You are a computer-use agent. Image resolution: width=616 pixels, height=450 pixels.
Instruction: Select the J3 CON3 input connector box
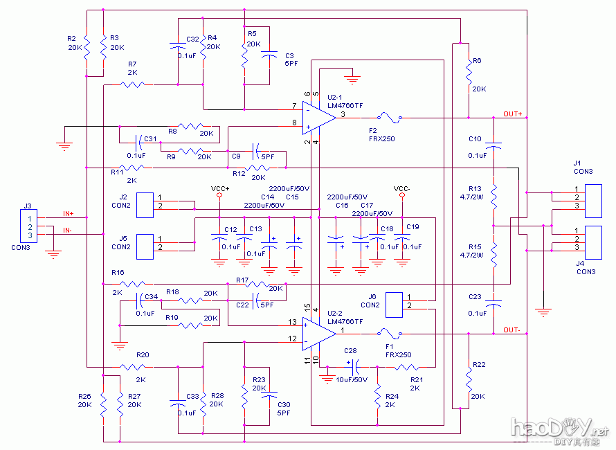[28, 227]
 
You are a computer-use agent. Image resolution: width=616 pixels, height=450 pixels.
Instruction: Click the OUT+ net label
[513, 114]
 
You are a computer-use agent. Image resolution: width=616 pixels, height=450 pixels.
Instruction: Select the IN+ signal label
[69, 214]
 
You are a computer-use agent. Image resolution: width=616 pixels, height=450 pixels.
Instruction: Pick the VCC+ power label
[219, 188]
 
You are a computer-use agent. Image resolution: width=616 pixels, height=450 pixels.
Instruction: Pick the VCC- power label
[402, 188]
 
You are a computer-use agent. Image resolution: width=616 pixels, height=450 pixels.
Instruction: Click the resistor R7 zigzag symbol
[133, 84]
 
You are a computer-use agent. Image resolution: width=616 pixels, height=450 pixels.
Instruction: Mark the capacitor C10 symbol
[493, 145]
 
